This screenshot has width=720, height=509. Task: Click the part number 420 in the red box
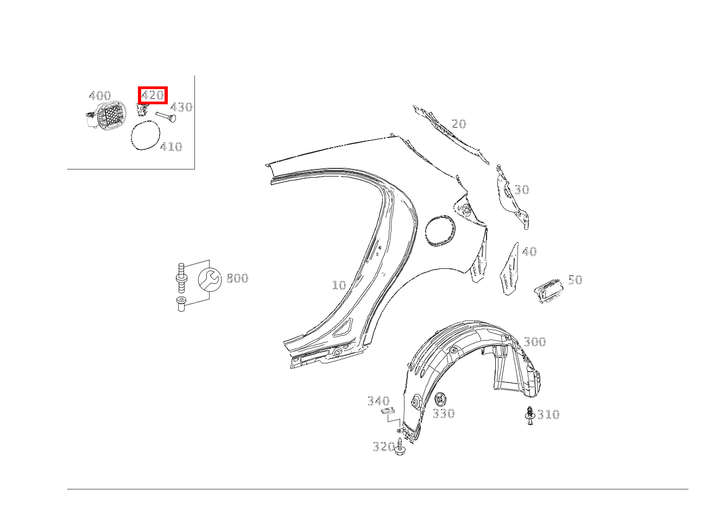coord(153,95)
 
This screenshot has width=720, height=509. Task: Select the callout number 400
coord(100,96)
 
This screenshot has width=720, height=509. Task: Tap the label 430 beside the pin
coord(181,107)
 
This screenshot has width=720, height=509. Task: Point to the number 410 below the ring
coord(171,147)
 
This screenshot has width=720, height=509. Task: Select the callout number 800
coord(237,278)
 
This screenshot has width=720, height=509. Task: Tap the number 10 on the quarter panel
coord(339,285)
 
